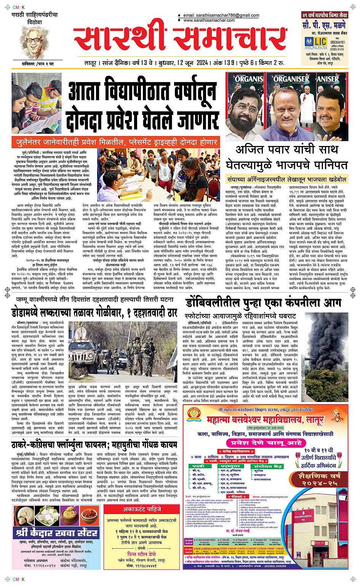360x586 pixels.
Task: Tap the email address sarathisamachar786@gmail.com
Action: click(221, 16)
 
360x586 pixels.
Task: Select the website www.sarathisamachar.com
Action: click(209, 20)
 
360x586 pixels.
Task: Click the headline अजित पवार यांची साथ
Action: click(286, 150)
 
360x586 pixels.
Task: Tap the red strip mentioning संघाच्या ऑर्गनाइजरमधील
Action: click(286, 179)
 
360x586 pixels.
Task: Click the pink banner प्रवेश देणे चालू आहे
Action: click(265, 443)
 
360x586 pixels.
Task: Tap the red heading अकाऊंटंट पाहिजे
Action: click(141, 509)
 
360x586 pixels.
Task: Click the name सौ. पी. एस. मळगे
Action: click(324, 25)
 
